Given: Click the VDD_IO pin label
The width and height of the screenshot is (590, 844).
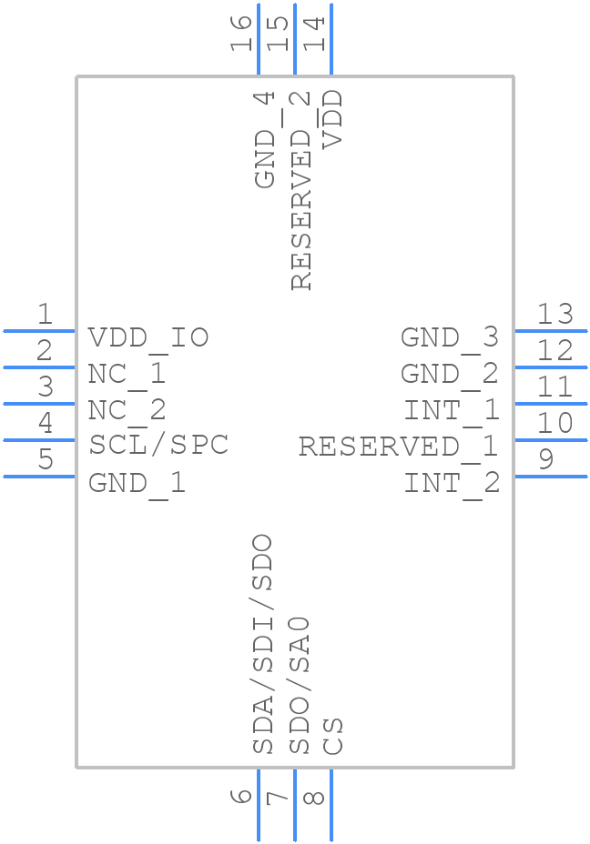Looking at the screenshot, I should pos(148,337).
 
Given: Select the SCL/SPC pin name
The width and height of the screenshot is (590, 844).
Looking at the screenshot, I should pos(158,446).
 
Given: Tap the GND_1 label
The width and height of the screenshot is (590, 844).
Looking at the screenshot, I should pos(137,483).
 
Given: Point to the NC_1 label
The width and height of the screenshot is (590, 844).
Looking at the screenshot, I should pos(127,374).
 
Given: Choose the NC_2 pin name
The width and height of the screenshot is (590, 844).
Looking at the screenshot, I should pos(127,410).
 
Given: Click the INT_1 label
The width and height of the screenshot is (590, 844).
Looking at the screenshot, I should pos(452,410).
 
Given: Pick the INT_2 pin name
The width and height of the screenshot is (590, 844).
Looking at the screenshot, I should pos(452,483).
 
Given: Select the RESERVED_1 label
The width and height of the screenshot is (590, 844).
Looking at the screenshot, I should pos(399,447).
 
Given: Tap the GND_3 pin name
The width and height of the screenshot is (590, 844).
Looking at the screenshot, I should pos(450,337).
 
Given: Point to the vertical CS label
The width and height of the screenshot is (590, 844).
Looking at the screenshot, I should pos(333,736).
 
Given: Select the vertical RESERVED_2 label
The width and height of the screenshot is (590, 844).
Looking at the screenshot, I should pos(300,191).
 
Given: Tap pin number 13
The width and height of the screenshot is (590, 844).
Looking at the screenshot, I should pos(554,315).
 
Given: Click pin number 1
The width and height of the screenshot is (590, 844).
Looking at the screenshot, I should pos(45,315).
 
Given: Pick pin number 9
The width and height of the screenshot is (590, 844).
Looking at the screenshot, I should pos(545,459).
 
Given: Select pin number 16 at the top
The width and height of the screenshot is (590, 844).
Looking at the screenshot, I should pos(241,34).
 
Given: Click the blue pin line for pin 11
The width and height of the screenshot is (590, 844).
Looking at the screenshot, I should pos(550,403).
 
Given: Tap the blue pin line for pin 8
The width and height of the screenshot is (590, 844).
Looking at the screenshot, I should pos(331,805).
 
